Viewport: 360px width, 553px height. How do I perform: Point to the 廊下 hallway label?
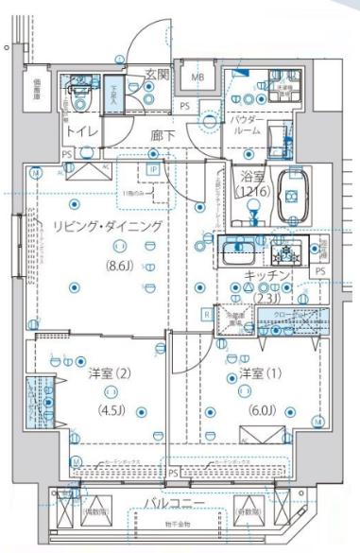(x=163, y=134)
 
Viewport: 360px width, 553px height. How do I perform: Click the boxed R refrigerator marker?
(x=206, y=314)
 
